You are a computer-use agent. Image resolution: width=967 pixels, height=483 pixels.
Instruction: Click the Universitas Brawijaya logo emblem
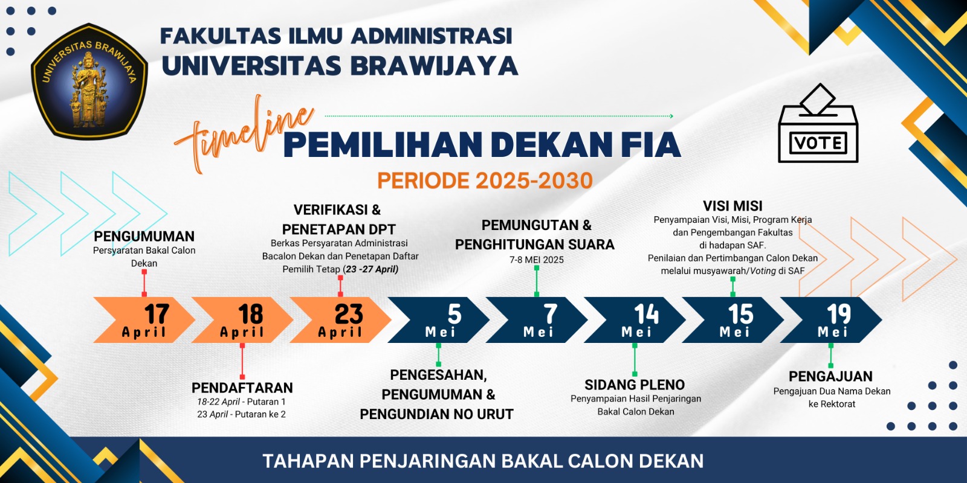click(89, 82)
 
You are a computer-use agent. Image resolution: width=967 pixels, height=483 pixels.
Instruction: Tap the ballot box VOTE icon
click(818, 123)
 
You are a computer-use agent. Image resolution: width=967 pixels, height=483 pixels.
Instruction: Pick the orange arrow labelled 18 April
click(242, 320)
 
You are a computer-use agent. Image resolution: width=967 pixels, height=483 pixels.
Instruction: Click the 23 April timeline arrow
click(340, 320)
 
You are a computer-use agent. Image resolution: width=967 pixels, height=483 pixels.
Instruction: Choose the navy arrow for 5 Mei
click(439, 320)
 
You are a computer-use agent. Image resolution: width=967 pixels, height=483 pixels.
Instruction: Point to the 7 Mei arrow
click(537, 320)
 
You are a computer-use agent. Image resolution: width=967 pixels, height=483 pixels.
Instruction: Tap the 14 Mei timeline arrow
click(635, 320)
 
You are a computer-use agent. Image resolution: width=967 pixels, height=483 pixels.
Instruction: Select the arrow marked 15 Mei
click(733, 320)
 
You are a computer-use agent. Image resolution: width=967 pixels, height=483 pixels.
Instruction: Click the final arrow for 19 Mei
click(831, 320)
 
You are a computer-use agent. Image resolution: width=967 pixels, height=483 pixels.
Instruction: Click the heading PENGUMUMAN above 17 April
click(144, 236)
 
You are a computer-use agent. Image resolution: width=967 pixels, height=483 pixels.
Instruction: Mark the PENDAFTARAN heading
click(242, 388)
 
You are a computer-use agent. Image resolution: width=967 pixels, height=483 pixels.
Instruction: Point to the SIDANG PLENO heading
click(635, 385)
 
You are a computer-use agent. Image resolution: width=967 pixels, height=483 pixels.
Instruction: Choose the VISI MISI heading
click(733, 206)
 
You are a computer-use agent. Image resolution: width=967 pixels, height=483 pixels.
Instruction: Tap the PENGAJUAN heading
click(830, 377)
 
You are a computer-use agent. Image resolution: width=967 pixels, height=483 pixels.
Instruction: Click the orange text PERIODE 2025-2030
click(485, 181)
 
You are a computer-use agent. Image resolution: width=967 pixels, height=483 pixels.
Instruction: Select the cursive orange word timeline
click(244, 133)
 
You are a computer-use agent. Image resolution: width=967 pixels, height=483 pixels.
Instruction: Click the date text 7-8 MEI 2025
click(537, 260)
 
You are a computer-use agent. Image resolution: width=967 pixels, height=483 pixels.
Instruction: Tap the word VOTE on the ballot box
click(818, 143)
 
